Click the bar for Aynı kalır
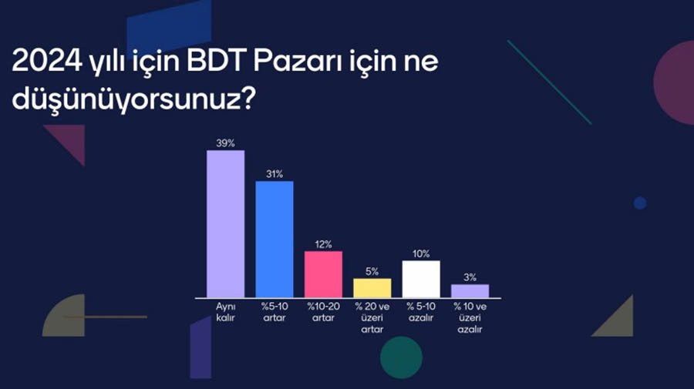point(225,224)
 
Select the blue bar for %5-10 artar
point(275,240)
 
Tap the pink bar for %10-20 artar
point(323,274)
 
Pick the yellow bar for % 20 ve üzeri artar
point(372,288)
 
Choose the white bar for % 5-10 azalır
point(421,280)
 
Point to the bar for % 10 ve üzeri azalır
point(470,291)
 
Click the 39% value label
point(225,143)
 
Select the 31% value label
point(275,174)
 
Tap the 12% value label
point(323,244)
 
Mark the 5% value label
point(372,272)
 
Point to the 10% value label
point(421,253)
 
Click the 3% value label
point(470,277)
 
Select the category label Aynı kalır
point(225,312)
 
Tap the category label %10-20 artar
point(323,312)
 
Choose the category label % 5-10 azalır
point(421,312)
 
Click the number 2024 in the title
point(47,61)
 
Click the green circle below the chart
point(402,357)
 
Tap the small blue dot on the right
point(640,203)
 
